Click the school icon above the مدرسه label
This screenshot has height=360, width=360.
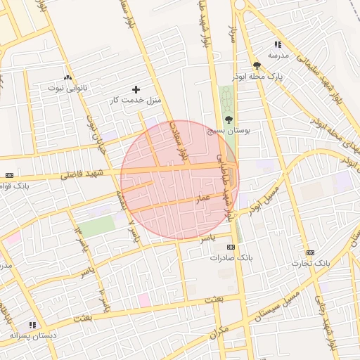(278, 44)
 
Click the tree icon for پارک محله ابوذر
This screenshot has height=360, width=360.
(256, 65)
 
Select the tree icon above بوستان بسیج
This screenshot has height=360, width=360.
(229, 120)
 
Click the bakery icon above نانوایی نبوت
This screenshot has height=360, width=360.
(67, 78)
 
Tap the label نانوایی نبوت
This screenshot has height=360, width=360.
(67, 89)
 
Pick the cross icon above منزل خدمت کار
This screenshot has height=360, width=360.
(136, 89)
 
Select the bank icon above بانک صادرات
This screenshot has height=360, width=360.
(231, 247)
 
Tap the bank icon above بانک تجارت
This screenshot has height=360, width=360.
(310, 252)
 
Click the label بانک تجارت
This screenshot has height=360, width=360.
(311, 263)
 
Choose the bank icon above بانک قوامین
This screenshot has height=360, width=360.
(9, 175)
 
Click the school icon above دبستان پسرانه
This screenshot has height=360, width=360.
(32, 325)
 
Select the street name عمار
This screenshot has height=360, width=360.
(204, 200)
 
